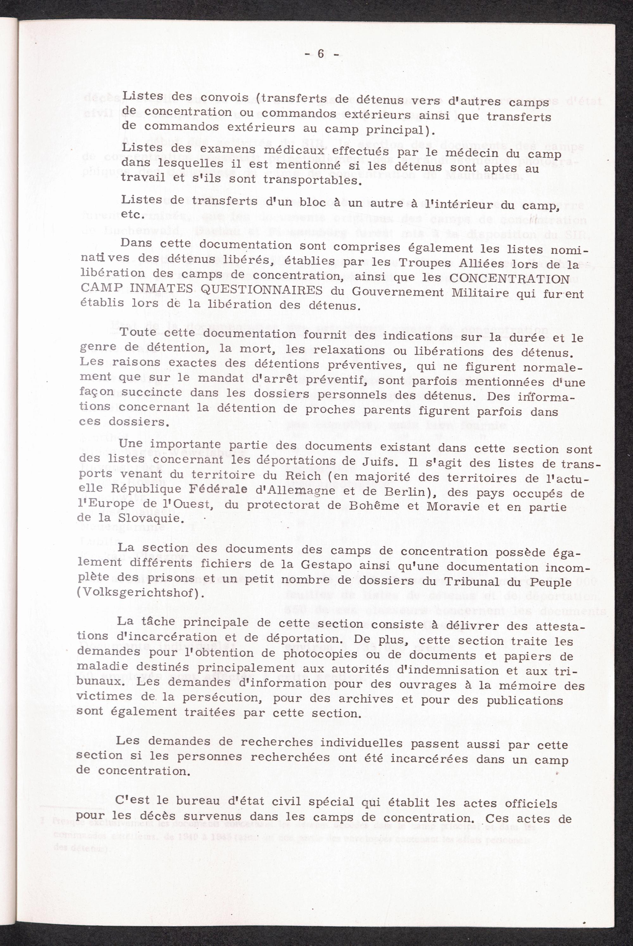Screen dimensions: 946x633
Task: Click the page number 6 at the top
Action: [321, 54]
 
